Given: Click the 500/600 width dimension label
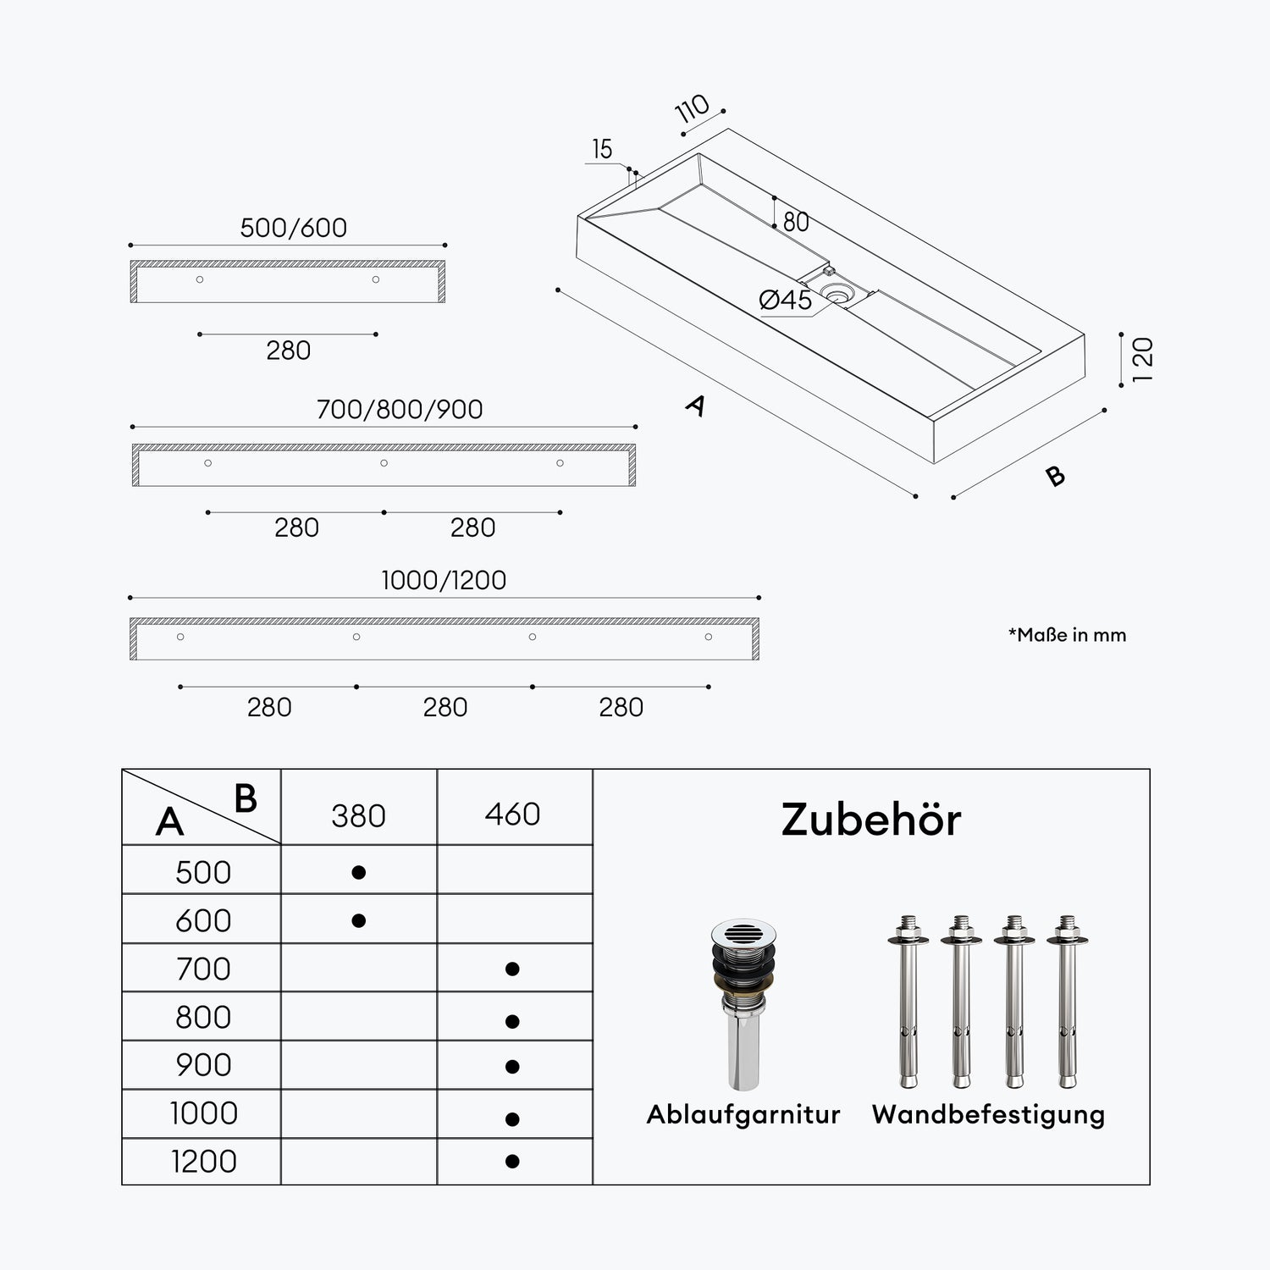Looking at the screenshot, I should click(293, 228).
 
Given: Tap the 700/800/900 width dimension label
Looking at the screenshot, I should click(400, 410).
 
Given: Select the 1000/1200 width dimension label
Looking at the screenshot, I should click(444, 581).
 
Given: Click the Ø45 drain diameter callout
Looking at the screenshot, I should click(786, 300).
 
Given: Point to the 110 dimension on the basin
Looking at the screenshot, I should click(693, 109).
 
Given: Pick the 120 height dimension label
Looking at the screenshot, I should click(1142, 359).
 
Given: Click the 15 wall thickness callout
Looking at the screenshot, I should click(602, 149).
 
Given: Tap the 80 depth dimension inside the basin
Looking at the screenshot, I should click(796, 222).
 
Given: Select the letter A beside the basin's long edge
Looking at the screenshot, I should click(695, 406).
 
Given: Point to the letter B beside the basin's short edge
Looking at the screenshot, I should click(1055, 476).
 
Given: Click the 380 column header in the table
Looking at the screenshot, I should click(358, 816).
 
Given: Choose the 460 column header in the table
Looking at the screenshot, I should click(512, 814).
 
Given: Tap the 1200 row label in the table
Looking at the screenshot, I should click(203, 1162).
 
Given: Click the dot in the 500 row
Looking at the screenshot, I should click(358, 872).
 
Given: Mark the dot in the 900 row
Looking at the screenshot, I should click(511, 1067).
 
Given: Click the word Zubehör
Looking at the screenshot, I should click(871, 820).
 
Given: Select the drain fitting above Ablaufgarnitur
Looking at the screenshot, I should click(743, 1002).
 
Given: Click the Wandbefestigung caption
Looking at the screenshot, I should click(988, 1114).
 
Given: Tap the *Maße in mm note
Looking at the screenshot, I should click(1067, 635).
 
